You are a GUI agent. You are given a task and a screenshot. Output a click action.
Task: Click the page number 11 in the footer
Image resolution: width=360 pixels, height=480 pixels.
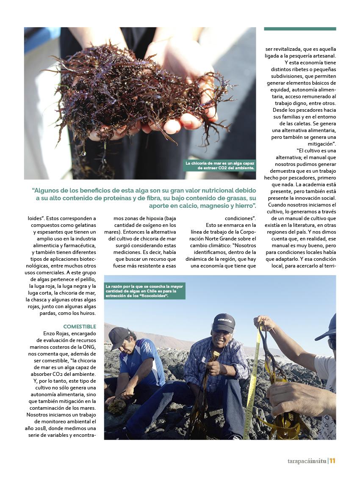coord(332,461)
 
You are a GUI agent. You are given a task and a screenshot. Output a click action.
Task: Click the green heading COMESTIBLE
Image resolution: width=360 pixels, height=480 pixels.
coord(80,326)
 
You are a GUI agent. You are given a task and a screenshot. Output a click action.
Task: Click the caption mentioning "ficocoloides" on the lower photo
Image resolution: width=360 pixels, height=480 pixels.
coord(144,291)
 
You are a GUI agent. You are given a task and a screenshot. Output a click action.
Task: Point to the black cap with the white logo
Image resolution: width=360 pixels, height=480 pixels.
coord(224,322)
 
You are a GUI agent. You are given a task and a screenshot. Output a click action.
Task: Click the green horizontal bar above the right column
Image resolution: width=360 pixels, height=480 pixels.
coord(300,29)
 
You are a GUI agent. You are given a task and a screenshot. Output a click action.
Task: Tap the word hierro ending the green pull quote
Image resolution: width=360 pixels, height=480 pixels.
coord(243,206)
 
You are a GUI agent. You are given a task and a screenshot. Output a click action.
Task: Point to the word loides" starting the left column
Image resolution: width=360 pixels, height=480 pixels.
coord(36,219)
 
